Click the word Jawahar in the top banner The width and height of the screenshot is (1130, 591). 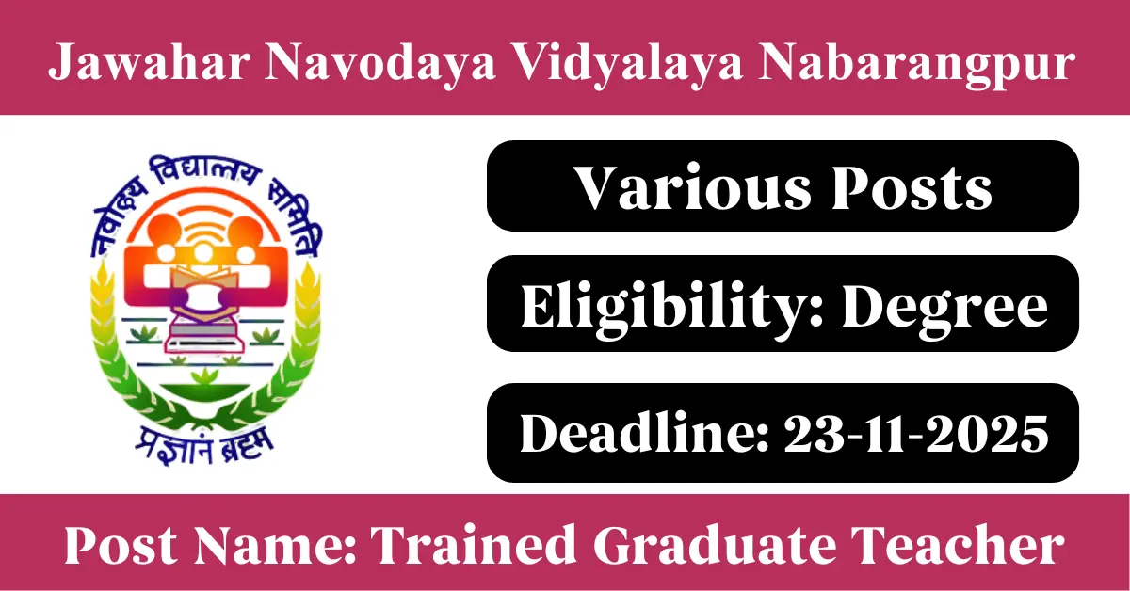(150, 62)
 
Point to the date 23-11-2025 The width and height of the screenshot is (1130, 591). (916, 434)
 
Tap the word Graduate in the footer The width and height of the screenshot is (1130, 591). (714, 545)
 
